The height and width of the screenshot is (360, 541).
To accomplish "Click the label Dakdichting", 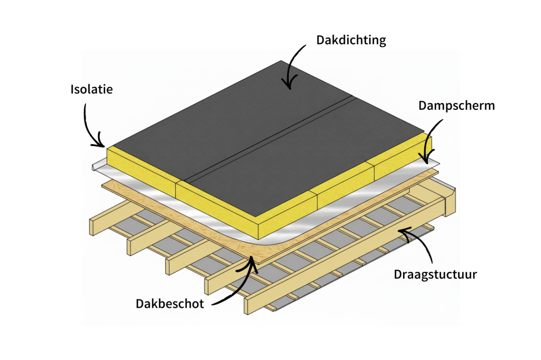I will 351,40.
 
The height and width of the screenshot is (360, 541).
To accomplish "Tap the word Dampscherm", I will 456,105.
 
